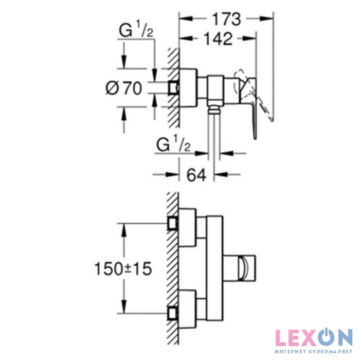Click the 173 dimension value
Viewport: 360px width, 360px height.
pyautogui.click(x=226, y=20)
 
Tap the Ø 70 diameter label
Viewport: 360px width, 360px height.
pyautogui.click(x=124, y=88)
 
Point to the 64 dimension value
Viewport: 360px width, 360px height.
pyautogui.click(x=196, y=175)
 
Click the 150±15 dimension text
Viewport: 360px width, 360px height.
pyautogui.click(x=123, y=268)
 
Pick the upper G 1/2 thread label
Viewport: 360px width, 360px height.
pyautogui.click(x=136, y=29)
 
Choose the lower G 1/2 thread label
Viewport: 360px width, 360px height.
pyautogui.click(x=173, y=143)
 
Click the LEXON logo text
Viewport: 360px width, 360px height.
pyautogui.click(x=314, y=337)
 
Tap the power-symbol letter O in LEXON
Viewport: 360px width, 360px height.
pyautogui.click(x=325, y=337)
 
